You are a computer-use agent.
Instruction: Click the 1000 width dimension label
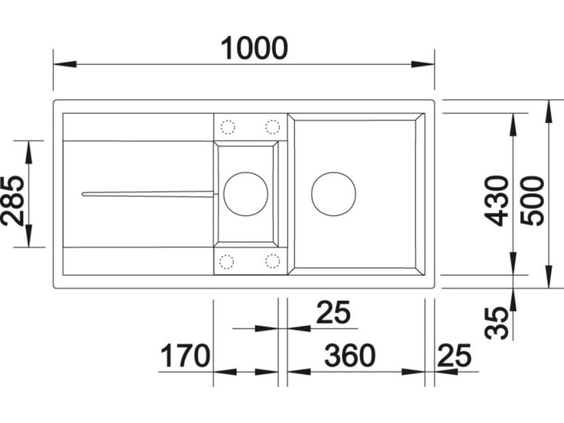(254, 48)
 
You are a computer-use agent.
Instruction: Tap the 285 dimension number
(14, 201)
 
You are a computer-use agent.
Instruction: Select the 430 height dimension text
(496, 201)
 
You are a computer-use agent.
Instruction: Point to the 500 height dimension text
(533, 201)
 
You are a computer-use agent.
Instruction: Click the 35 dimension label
(496, 323)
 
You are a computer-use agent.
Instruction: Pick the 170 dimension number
(184, 355)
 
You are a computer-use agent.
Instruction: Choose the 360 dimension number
(350, 355)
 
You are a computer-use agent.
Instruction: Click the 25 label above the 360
(333, 312)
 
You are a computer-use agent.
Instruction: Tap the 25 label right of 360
(454, 355)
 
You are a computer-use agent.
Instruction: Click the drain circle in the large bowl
(333, 194)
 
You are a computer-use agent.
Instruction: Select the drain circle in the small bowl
(246, 194)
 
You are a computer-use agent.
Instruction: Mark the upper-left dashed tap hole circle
(227, 127)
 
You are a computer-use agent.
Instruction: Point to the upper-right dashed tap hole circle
(272, 127)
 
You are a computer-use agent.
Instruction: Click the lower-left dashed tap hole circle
(227, 261)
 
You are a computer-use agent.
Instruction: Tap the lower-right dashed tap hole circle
(272, 261)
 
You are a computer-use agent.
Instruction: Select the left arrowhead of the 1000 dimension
(65, 64)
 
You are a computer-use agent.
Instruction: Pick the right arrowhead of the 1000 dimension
(423, 64)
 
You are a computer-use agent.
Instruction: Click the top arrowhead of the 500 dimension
(548, 112)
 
